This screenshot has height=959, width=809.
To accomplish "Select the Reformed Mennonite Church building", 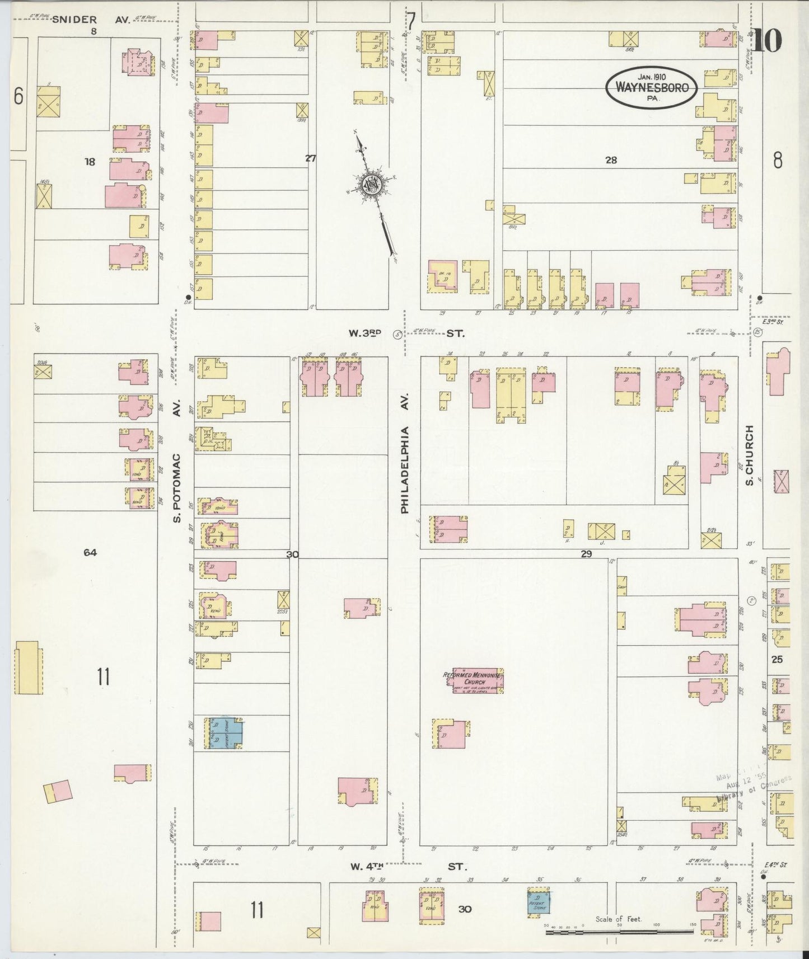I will coord(478,680).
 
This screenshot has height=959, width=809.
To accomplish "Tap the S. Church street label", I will coord(750,455).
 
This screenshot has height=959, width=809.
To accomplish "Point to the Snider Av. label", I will coord(91,20).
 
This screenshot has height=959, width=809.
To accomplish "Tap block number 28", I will coord(611,160).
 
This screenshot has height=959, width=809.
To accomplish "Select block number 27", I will coord(310,158).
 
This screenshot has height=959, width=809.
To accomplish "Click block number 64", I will coord(90,552).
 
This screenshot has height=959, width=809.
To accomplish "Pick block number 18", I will coord(90,162).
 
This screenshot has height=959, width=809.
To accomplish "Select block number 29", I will coord(586,554).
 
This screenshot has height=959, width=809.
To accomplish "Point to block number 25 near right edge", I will coord(777,659).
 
